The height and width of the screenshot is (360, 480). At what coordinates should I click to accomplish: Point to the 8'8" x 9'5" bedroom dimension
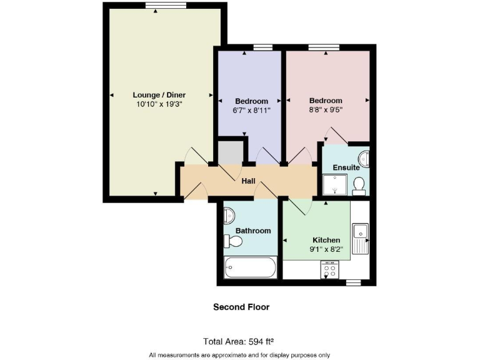326,109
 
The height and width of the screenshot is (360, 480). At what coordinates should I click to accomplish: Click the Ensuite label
346,167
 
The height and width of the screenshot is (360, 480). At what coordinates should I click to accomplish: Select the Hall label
249,181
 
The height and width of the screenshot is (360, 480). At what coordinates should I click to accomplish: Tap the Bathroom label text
253,231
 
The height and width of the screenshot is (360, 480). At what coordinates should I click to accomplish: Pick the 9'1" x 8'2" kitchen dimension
326,249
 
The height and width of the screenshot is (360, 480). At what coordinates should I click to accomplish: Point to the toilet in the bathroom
229,240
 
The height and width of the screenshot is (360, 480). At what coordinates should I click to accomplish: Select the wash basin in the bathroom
229,216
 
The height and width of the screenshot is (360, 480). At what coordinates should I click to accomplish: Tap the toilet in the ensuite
359,184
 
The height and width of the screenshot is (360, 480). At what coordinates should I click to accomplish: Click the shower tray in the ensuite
334,184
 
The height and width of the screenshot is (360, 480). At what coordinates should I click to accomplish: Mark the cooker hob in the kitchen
329,270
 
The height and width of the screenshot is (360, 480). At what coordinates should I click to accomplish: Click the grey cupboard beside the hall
229,152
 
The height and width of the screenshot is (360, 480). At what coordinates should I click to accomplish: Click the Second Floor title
241,307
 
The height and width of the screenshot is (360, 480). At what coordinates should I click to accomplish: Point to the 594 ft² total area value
262,341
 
